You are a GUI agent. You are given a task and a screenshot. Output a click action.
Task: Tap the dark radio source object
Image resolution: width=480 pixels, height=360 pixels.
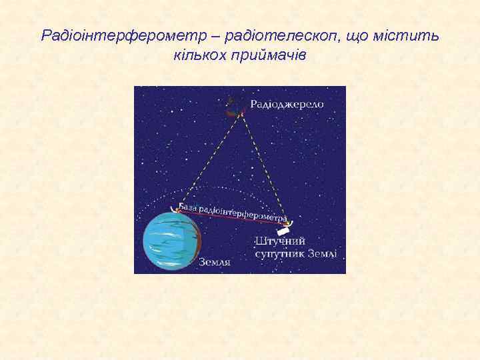point(232,107)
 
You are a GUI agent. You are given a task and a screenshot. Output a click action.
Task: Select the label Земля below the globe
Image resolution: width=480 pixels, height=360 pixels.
point(215,263)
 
